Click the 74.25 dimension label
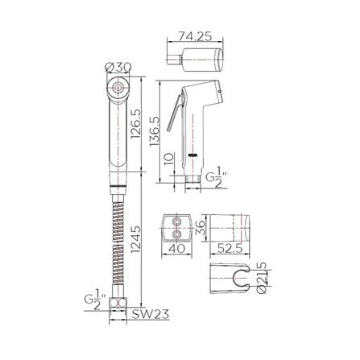click(195, 36)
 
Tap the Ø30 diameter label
click(118, 67)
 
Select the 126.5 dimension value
click(136, 123)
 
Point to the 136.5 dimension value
click(155, 131)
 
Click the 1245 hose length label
click(136, 240)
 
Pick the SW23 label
click(150, 314)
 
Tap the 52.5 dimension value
click(230, 248)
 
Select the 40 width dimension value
click(176, 248)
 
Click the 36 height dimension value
click(200, 228)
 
